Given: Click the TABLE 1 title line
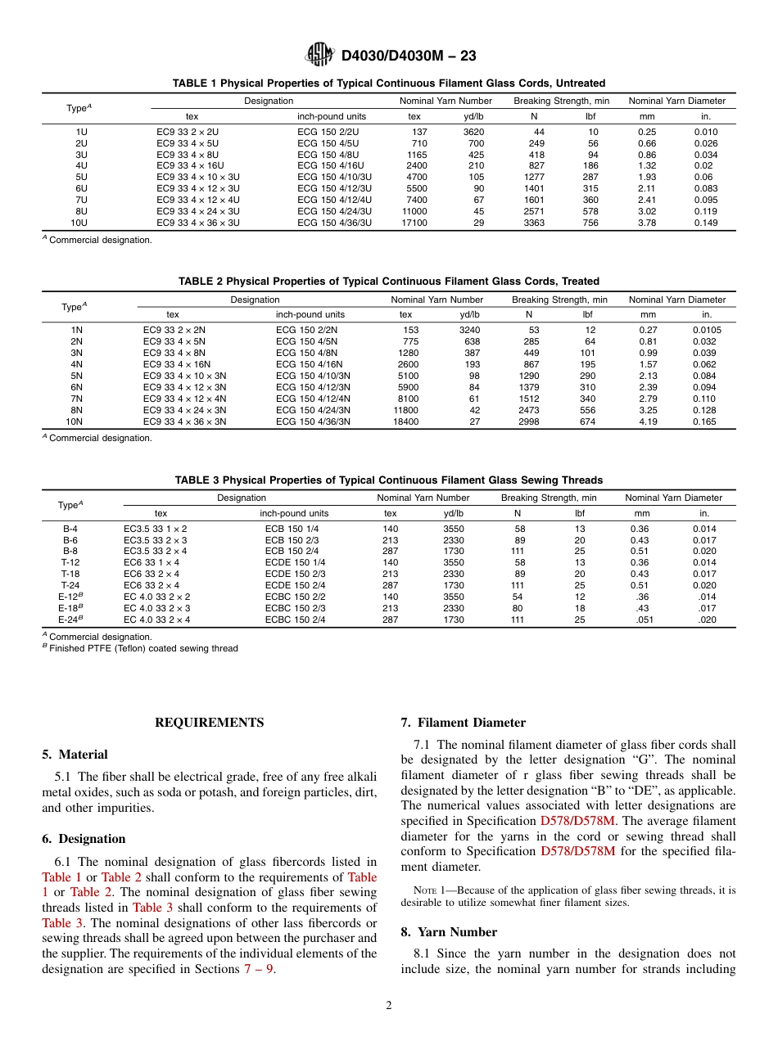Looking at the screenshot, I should coord(388,83).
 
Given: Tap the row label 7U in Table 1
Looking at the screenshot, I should coord(81,200).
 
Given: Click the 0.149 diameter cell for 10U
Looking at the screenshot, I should coord(705,223).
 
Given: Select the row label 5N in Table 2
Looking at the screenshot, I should coord(76,376).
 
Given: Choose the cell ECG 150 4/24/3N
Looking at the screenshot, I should coord(313,410).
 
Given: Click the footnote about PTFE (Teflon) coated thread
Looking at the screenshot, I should coord(140,649).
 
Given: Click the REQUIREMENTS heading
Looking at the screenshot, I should coord(209,723).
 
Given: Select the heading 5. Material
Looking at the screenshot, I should coord(75,755).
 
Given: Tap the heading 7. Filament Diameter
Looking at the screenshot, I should coord(463,723).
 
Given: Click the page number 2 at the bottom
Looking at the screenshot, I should coord(388,1006).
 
